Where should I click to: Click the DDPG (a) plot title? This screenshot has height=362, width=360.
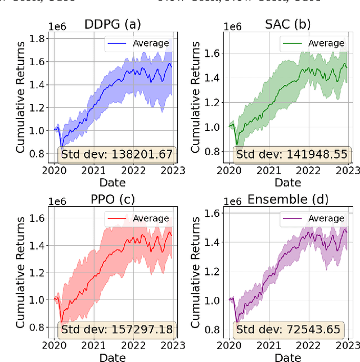pos(112,24)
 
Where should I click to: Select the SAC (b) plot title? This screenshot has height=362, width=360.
pos(289,24)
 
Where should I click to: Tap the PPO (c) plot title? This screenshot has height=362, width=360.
pos(112,200)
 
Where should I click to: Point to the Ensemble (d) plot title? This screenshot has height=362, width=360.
pos(289,200)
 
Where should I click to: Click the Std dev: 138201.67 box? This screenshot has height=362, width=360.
pos(118,155)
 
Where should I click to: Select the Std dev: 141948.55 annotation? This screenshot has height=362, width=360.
pos(293,155)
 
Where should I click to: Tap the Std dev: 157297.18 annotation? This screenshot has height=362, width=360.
pos(118,329)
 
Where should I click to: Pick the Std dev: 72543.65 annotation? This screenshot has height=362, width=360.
pos(293,329)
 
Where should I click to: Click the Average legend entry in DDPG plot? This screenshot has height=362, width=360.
pos(138,43)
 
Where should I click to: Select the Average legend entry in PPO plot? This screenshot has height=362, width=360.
pos(138,218)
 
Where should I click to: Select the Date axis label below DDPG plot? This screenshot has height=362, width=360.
pos(112,182)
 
